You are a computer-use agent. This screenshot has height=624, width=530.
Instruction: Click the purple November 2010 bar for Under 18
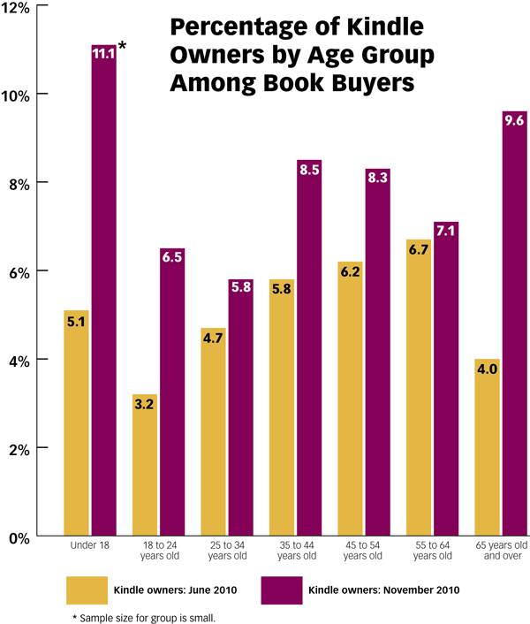pyautogui.click(x=104, y=292)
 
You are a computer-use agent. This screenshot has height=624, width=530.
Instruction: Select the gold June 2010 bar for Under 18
pyautogui.click(x=77, y=424)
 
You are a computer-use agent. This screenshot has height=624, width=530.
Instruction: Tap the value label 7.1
pyautogui.click(x=446, y=232)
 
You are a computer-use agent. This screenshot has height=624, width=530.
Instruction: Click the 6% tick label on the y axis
pyautogui.click(x=19, y=271)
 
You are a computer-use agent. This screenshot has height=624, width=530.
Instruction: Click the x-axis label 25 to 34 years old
pyautogui.click(x=227, y=552)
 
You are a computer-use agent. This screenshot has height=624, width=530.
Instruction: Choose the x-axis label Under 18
pyautogui.click(x=90, y=547)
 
